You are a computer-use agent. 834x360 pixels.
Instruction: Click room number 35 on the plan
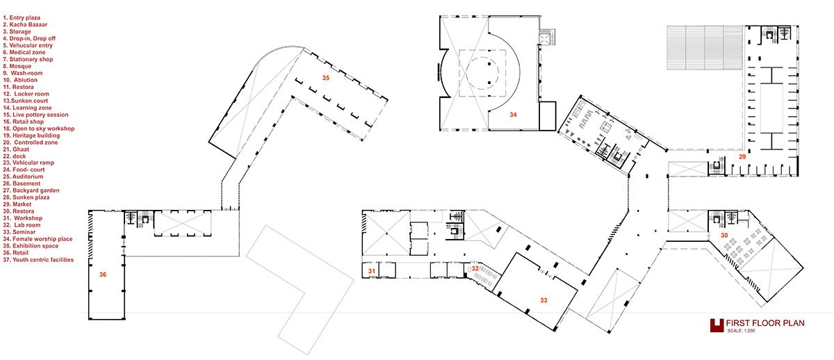325,77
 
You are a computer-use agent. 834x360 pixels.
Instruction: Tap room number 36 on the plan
103,275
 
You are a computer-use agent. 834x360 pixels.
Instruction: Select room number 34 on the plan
513,113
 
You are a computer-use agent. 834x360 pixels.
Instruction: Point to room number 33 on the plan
543,300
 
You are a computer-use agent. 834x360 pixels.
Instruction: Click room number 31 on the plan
372,271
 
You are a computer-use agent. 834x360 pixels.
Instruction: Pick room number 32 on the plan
475,268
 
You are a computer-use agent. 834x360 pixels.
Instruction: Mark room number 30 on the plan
724,236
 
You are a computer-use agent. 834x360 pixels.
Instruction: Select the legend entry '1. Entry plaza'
24,17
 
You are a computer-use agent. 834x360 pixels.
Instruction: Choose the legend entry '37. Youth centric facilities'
44,259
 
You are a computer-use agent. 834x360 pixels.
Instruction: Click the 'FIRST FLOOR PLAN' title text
764,324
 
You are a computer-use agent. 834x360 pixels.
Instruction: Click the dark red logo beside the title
717,325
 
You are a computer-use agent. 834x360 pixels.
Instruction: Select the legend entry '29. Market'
22,204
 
